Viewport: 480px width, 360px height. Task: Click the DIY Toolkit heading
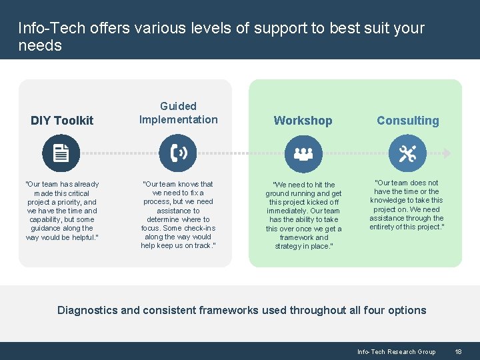[x=62, y=121]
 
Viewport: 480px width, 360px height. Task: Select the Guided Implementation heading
[x=178, y=113]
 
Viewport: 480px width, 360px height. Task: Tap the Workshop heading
[x=303, y=121]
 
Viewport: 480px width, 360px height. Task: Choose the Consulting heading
[x=407, y=121]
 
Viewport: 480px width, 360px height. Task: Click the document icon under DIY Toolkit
[x=61, y=153]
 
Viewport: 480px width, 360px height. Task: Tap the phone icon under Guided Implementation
[x=178, y=153]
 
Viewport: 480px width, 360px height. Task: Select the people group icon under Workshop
[x=303, y=153]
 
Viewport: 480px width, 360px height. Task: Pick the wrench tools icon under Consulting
[x=407, y=153]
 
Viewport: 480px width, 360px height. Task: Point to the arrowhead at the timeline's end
[x=447, y=153]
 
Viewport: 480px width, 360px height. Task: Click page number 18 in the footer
[x=458, y=351]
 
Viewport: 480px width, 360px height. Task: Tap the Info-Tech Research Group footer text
[x=396, y=351]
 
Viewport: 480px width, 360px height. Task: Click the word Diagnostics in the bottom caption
[x=87, y=310]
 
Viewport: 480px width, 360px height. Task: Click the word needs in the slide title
[x=40, y=46]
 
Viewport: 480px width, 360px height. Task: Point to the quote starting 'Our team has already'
[x=62, y=211]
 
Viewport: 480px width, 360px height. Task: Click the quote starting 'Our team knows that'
[x=178, y=215]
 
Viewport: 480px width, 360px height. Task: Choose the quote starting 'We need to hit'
[x=303, y=215]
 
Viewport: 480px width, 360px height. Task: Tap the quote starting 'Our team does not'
[x=407, y=205]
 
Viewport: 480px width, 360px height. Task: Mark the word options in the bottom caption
[x=405, y=310]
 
